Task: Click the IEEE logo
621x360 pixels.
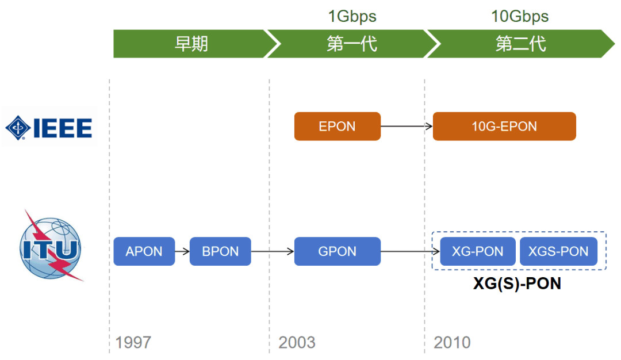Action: coord(49,127)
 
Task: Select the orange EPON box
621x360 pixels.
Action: coord(337,127)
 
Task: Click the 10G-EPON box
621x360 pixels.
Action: coord(504,127)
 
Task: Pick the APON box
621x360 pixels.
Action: coord(144,251)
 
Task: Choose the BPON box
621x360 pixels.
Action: coord(220,251)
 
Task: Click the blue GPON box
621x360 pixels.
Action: coord(337,251)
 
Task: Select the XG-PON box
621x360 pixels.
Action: coord(477,251)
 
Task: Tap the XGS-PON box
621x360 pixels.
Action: coord(558,251)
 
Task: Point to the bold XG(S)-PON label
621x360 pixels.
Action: coord(517,284)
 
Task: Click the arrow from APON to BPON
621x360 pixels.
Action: coord(182,251)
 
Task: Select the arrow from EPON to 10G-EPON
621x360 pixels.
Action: coord(407,127)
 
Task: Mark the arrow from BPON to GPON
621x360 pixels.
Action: coord(273,251)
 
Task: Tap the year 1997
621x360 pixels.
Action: coord(133,343)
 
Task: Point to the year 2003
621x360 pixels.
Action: coord(297,343)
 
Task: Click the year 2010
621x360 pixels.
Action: coord(452,343)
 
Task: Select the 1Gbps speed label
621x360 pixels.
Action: coord(352,16)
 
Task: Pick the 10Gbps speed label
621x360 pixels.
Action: coord(520,16)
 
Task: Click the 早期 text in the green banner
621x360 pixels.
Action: coord(191,44)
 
